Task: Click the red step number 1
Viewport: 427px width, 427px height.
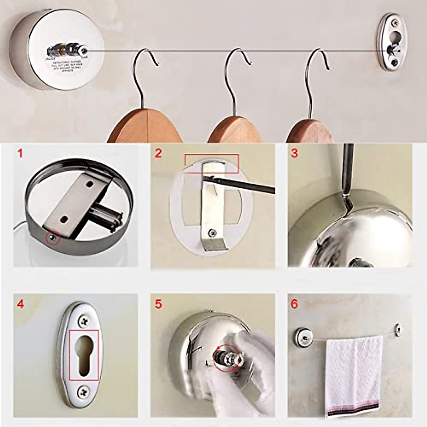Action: (20, 153)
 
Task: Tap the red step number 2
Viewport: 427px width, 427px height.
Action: (158, 153)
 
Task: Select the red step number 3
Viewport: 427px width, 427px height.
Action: (294, 153)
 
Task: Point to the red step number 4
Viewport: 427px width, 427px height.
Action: (21, 305)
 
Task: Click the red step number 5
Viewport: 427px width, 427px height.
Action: (158, 305)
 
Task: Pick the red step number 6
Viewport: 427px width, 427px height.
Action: (294, 305)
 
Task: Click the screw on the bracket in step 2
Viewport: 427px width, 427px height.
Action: (212, 233)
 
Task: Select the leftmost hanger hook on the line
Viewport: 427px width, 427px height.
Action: (142, 71)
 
